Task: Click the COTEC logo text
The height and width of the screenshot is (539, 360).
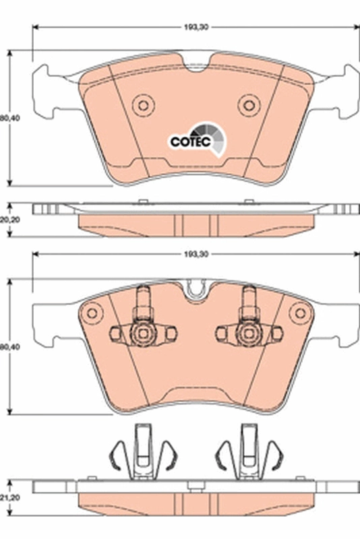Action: [x=191, y=141]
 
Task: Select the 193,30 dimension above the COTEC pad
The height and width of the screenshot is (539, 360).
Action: [x=196, y=28]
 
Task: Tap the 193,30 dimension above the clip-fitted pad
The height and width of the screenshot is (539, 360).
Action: [x=196, y=255]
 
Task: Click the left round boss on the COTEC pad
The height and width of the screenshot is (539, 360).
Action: [x=143, y=105]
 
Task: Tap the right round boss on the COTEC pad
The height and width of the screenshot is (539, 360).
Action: [x=249, y=105]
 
